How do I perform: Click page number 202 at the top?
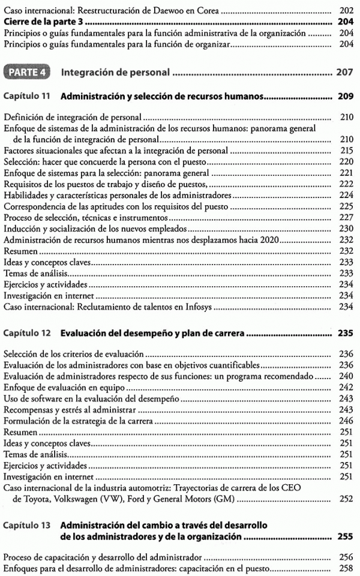click(346, 11)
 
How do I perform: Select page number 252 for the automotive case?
click(346, 498)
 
